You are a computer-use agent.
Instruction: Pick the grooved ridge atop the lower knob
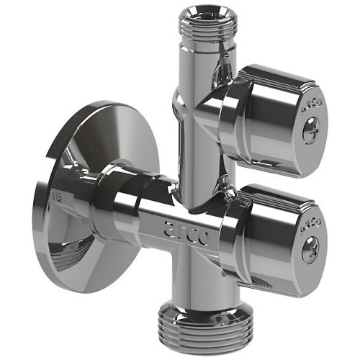[x=281, y=193]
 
